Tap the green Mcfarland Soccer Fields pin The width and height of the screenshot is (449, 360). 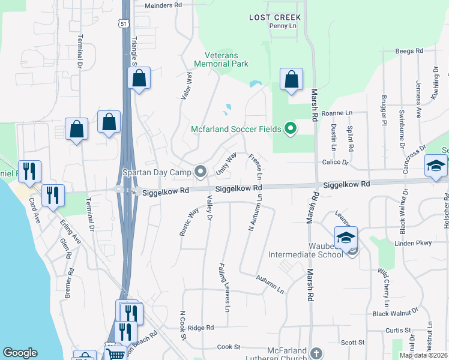[291, 128]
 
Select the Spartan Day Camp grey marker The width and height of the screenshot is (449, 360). [200, 172]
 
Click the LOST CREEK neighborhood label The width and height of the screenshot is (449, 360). [275, 17]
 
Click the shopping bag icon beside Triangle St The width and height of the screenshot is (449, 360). [139, 78]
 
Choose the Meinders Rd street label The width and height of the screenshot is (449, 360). [163, 5]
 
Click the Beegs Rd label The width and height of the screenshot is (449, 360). [409, 51]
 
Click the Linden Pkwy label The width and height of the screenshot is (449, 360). [413, 244]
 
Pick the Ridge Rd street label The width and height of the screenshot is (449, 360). [200, 328]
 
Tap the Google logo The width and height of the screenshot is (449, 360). [20, 353]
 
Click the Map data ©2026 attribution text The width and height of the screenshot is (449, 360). [423, 355]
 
